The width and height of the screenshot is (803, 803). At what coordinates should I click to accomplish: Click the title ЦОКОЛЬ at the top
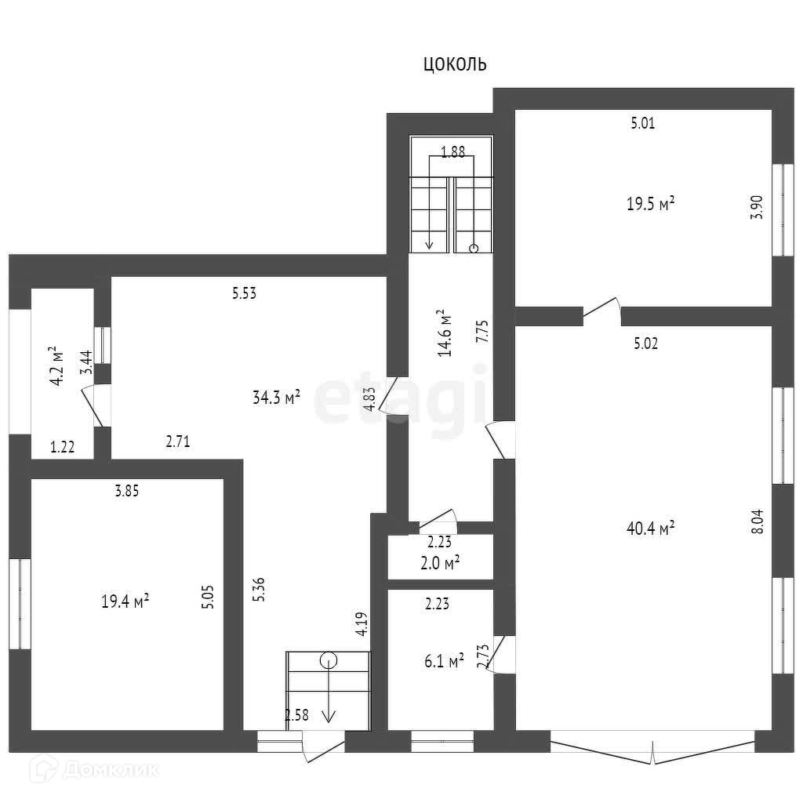pyautogui.click(x=455, y=64)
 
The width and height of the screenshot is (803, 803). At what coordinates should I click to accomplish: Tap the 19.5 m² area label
pyautogui.click(x=651, y=205)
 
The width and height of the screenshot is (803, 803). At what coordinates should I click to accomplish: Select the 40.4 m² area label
pyautogui.click(x=651, y=529)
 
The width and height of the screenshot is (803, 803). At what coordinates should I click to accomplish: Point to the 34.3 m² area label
pyautogui.click(x=277, y=398)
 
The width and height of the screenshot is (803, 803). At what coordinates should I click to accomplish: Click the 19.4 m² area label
pyautogui.click(x=125, y=601)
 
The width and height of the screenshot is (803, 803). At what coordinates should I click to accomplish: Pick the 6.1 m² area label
pyautogui.click(x=443, y=662)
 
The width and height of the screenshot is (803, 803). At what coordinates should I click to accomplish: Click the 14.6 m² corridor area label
pyautogui.click(x=445, y=332)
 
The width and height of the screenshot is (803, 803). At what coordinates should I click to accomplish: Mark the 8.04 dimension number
pyautogui.click(x=757, y=521)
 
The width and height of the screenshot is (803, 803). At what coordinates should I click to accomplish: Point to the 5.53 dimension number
pyautogui.click(x=245, y=294)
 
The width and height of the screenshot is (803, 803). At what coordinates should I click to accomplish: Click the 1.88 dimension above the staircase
pyautogui.click(x=452, y=153)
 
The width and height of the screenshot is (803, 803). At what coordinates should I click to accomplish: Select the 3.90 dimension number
pyautogui.click(x=757, y=206)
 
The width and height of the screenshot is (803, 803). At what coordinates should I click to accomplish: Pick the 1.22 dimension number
pyautogui.click(x=62, y=447)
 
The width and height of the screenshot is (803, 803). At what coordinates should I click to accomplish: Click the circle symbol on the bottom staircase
pyautogui.click(x=329, y=660)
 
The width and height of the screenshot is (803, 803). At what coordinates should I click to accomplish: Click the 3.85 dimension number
pyautogui.click(x=126, y=492)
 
